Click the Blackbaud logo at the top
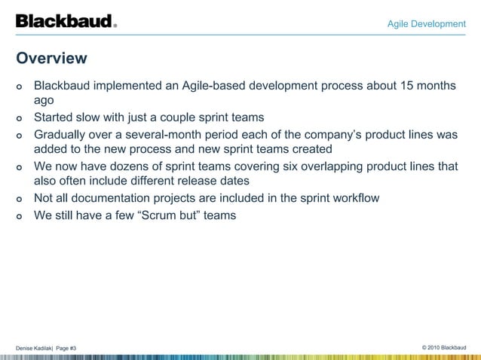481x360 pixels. pyautogui.click(x=66, y=21)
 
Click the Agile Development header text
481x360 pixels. pyautogui.click(x=426, y=24)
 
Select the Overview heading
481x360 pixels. pyautogui.click(x=51, y=58)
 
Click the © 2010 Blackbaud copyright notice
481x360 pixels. pyautogui.click(x=444, y=346)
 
